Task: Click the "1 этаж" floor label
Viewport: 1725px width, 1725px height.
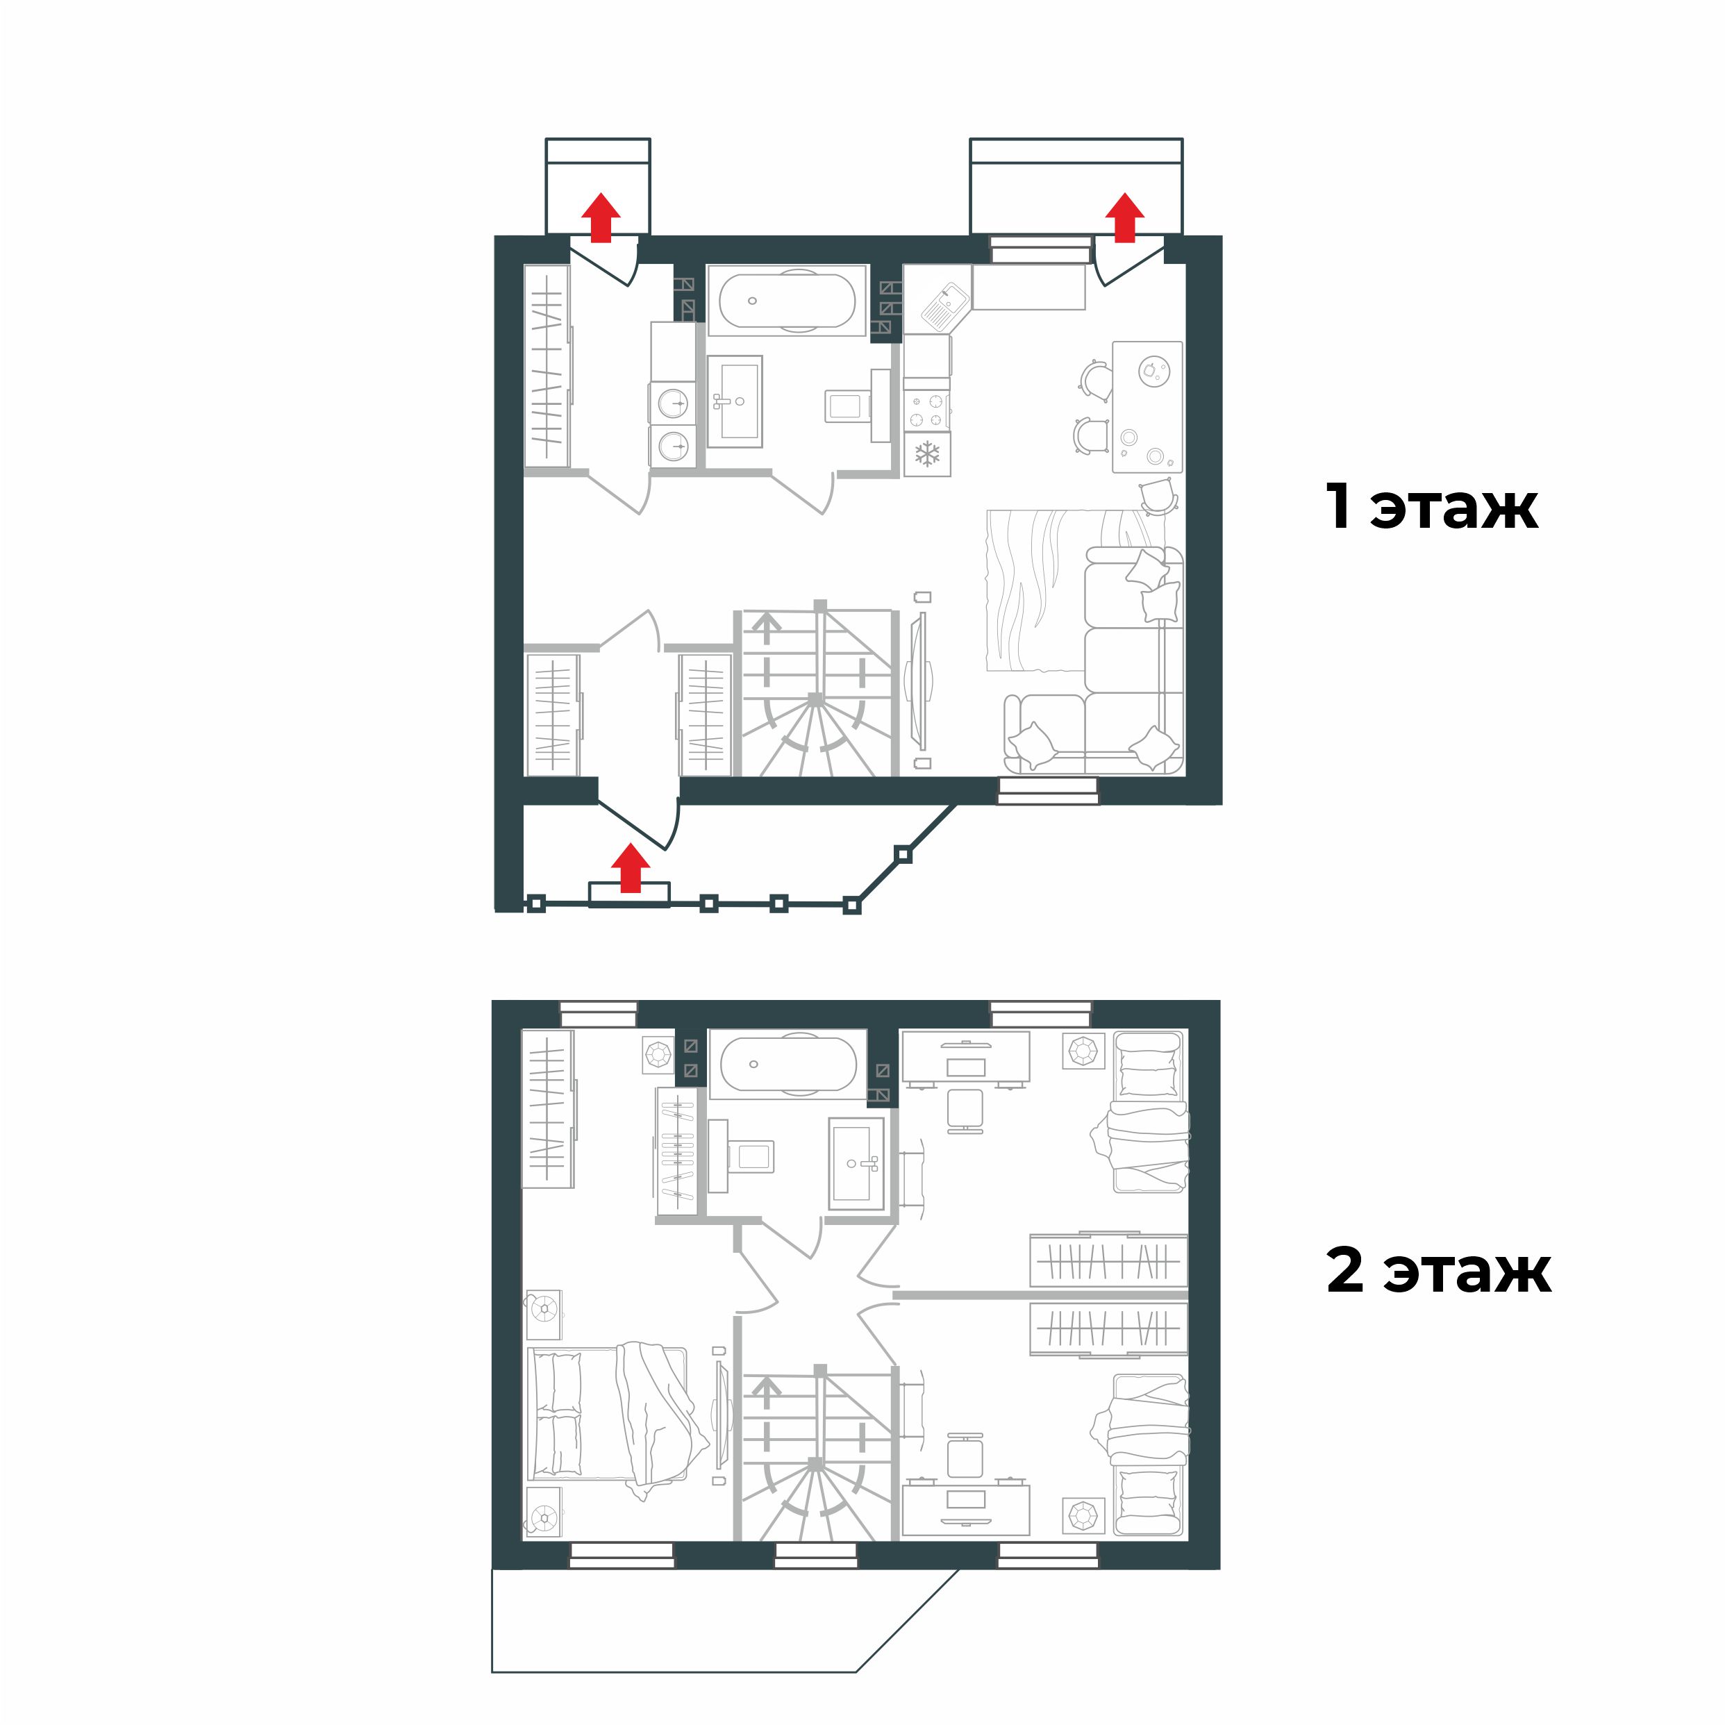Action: pyautogui.click(x=1431, y=506)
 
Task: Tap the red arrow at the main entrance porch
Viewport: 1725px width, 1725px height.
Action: pyautogui.click(x=631, y=868)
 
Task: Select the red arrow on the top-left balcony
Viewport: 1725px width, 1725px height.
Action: pyautogui.click(x=601, y=218)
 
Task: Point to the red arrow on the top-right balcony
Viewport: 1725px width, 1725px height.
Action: pyautogui.click(x=1124, y=218)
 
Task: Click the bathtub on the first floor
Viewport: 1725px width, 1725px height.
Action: pyautogui.click(x=787, y=301)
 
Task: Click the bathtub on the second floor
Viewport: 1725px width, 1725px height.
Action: pyautogui.click(x=787, y=1065)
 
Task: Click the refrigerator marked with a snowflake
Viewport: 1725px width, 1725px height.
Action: pyautogui.click(x=927, y=453)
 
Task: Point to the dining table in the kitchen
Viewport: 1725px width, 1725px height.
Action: pyautogui.click(x=1147, y=407)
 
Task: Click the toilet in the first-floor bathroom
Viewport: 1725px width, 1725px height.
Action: pyautogui.click(x=848, y=406)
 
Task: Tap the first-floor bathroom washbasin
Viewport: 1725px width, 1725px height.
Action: pyautogui.click(x=735, y=402)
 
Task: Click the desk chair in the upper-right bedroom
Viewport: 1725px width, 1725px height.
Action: pyautogui.click(x=965, y=1110)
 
